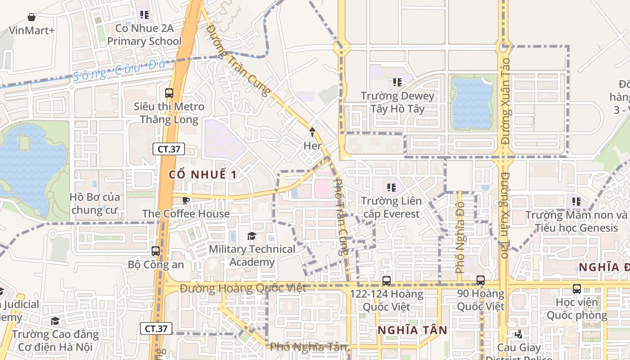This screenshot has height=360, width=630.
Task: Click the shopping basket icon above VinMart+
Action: (x=31, y=17)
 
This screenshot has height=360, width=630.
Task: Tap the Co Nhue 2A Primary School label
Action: (x=144, y=35)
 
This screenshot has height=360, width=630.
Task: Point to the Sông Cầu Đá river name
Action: (x=119, y=70)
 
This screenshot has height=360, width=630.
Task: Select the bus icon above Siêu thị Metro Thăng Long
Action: (x=169, y=93)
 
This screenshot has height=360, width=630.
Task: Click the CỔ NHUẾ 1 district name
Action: (x=202, y=175)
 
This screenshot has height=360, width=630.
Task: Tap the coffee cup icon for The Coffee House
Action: (x=185, y=200)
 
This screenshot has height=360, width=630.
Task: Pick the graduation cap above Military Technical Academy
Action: (x=252, y=236)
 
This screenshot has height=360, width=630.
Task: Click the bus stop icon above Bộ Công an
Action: (x=156, y=251)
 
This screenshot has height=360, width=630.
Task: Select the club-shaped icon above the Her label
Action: (x=312, y=132)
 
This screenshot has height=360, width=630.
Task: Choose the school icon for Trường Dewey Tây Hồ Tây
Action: (x=397, y=82)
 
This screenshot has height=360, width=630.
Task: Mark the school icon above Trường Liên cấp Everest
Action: (x=391, y=187)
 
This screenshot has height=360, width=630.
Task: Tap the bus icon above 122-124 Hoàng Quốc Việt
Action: (x=386, y=281)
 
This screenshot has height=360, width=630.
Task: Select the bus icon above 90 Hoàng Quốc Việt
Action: (x=481, y=280)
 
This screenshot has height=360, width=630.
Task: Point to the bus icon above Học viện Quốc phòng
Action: (x=577, y=288)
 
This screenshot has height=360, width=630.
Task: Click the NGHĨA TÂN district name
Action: (x=413, y=330)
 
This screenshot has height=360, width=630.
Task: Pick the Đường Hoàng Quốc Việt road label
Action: (x=243, y=288)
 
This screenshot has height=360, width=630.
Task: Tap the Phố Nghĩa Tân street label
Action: (x=308, y=347)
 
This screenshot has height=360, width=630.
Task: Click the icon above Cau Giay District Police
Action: (x=519, y=334)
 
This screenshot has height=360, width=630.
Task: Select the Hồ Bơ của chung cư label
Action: (x=95, y=203)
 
